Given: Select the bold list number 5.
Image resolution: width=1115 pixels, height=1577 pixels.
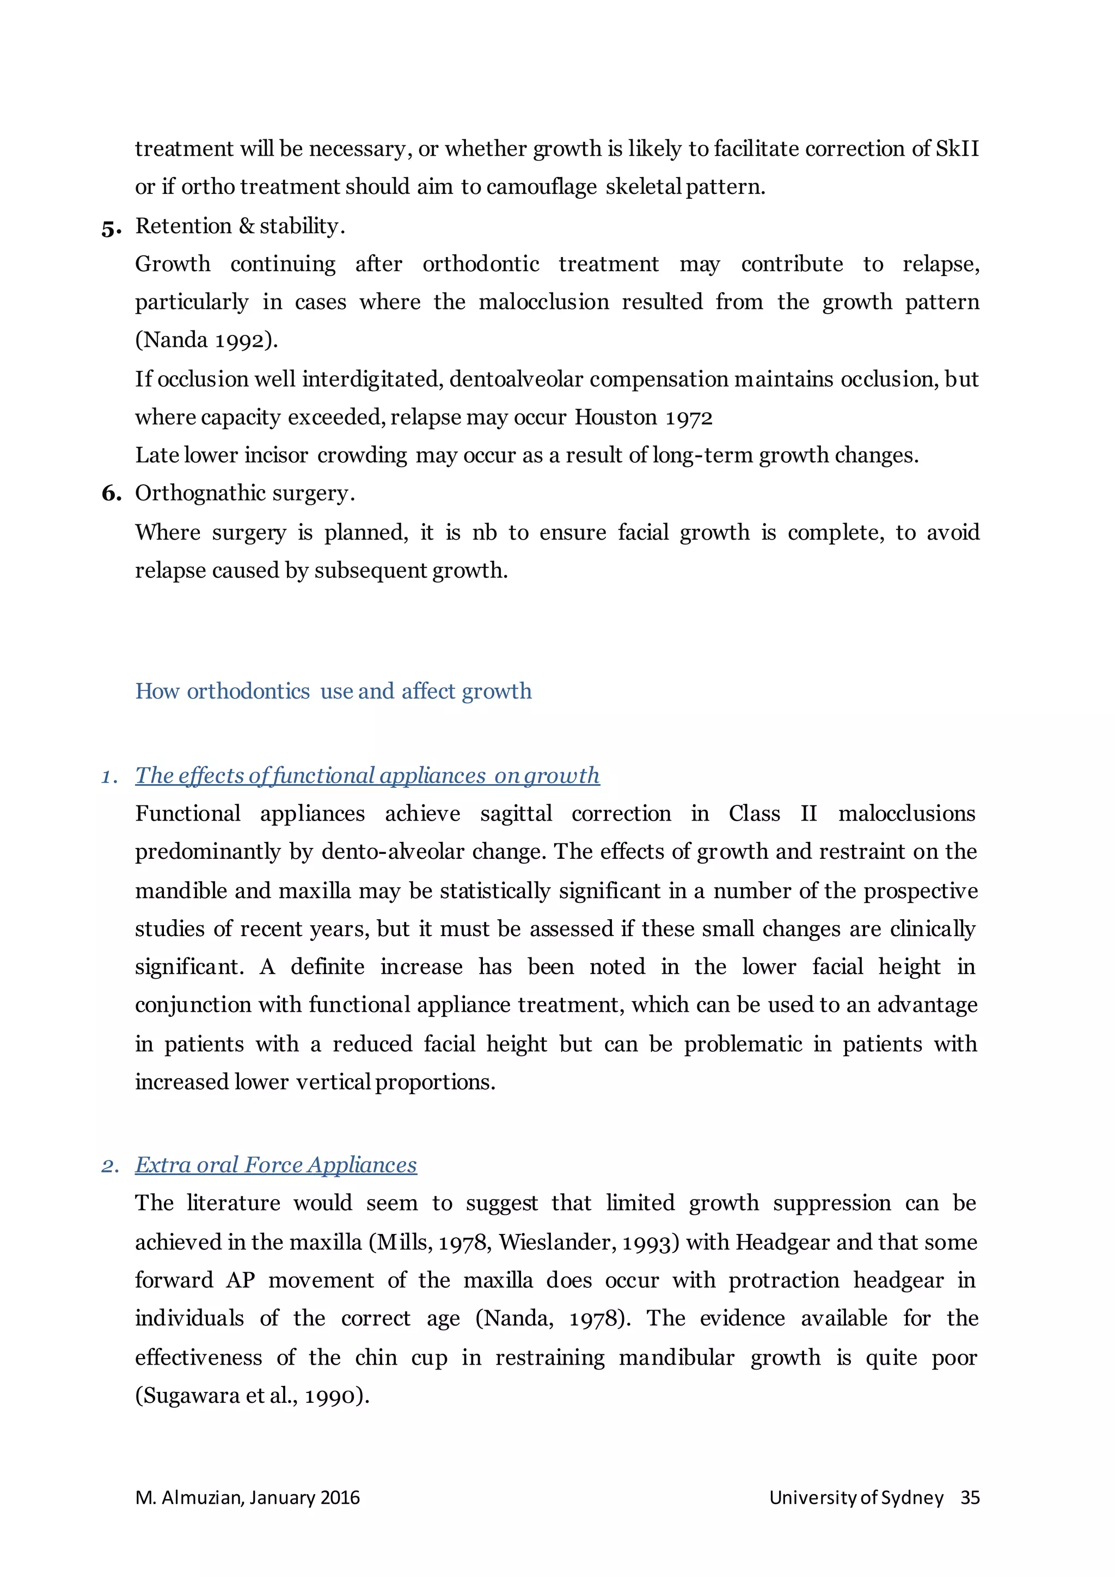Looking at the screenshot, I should click(x=111, y=228).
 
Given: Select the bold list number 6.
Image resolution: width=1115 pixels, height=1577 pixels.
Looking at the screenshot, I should click(x=111, y=493).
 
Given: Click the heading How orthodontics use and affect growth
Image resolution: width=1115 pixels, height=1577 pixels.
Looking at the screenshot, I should click(x=333, y=691).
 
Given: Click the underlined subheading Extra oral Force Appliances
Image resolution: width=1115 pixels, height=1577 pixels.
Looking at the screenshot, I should click(x=275, y=1165).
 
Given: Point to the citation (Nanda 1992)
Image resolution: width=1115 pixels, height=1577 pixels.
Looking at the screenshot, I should click(x=206, y=340).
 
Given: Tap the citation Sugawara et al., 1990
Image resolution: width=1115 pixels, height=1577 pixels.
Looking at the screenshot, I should click(x=252, y=1396).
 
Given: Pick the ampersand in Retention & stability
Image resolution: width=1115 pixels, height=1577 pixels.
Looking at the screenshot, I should click(x=247, y=226).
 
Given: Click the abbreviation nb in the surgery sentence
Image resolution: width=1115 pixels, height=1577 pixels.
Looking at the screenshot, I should click(x=484, y=533).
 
